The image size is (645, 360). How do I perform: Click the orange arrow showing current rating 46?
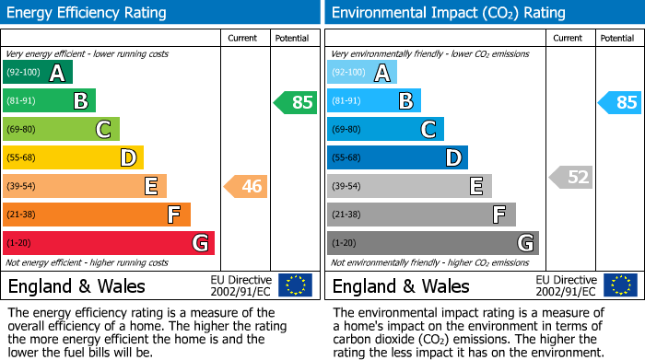(245, 187)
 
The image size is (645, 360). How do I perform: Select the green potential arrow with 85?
(295, 102)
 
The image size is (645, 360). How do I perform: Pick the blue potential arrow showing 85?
(619, 102)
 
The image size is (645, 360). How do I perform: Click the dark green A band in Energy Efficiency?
(38, 73)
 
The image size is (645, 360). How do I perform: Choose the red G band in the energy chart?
(109, 243)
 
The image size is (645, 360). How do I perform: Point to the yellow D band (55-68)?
(73, 158)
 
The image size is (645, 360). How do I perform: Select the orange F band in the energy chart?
(97, 215)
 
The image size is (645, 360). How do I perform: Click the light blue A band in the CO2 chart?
(362, 73)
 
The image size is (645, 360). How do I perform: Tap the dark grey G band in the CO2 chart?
(433, 243)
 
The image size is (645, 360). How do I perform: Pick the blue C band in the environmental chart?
(385, 130)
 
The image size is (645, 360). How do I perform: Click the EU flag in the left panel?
(295, 285)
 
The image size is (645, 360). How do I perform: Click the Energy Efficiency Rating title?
(88, 13)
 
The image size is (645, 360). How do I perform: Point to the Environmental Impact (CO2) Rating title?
(448, 13)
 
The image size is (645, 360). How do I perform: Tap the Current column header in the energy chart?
(244, 38)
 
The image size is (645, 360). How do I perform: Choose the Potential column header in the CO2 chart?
(617, 38)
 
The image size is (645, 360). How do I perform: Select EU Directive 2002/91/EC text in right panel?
(566, 285)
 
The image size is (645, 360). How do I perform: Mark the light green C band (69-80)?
(61, 130)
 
